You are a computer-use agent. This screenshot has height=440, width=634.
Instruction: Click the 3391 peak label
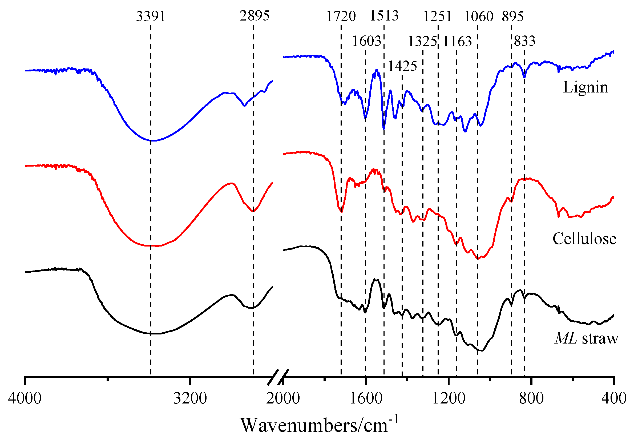pos(151,16)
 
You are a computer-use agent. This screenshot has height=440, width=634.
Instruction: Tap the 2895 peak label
pos(254,16)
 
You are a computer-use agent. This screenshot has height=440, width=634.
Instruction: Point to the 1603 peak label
pos(366,41)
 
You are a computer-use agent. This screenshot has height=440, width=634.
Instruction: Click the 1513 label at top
pos(384,16)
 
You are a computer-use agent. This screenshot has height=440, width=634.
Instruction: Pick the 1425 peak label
pos(402,66)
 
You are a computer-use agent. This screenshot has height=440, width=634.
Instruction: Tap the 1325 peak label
pos(422,42)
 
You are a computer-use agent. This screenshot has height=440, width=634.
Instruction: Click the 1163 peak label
pos(457,42)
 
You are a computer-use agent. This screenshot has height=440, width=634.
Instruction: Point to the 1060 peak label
pos(478,17)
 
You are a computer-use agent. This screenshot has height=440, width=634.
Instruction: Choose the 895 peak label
pos(512,17)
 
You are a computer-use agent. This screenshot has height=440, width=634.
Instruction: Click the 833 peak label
pos(524,41)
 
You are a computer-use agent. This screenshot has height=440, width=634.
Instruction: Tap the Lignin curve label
pos(585,88)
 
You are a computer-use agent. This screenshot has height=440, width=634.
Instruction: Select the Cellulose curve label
pos(584,239)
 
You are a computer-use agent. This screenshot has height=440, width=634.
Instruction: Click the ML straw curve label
pos(586,338)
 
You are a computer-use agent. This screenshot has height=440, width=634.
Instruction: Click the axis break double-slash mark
pos(278,377)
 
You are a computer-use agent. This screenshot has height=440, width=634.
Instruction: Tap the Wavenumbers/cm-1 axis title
pos(319,425)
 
